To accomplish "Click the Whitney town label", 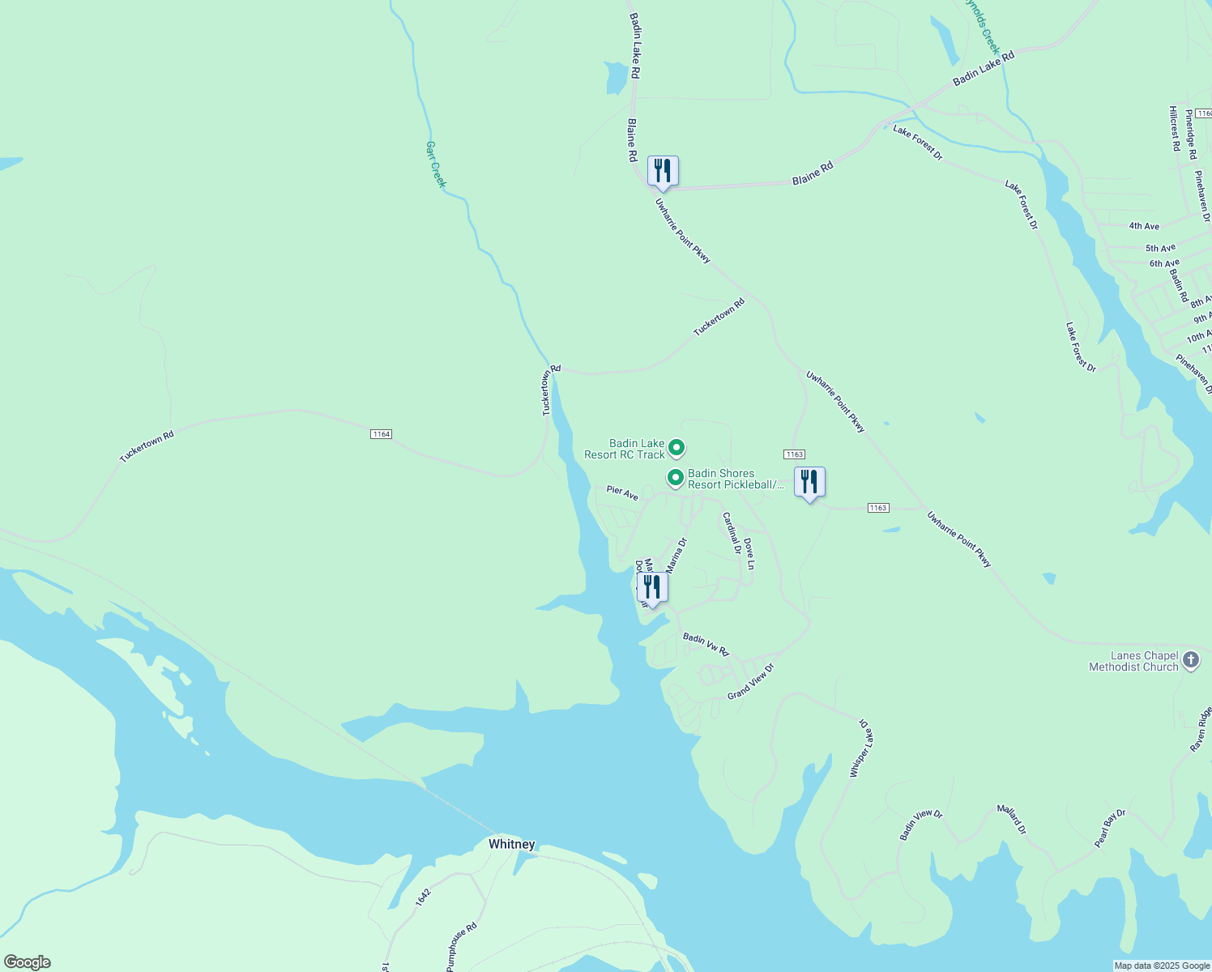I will coord(511,844).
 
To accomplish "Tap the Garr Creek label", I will coord(436,164).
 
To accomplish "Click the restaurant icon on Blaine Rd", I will coord(663,172).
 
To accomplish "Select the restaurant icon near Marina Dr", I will coord(652,587).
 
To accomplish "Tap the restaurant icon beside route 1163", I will coord(809,483).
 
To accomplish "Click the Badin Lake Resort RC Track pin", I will coord(676,448).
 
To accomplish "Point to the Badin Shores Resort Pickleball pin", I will coord(675,478).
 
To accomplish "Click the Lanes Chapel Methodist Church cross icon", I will coord(1191,660).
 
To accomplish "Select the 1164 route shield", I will coord(381,434).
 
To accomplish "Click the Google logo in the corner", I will coord(27,962).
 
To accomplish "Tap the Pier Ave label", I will coord(622,492).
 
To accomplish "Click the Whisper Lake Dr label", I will coord(860,748).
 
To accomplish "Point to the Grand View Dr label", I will coord(750,681).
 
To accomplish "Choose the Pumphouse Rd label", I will coord(462,947).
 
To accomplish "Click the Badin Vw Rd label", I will coord(706,644).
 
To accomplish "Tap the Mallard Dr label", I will coord(1011,820).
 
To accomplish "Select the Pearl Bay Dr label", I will coord(1110,829).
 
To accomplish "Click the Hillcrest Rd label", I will coord(1174,128).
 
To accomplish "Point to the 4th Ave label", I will coord(1144,226).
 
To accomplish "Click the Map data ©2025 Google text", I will coord(1162,966).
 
